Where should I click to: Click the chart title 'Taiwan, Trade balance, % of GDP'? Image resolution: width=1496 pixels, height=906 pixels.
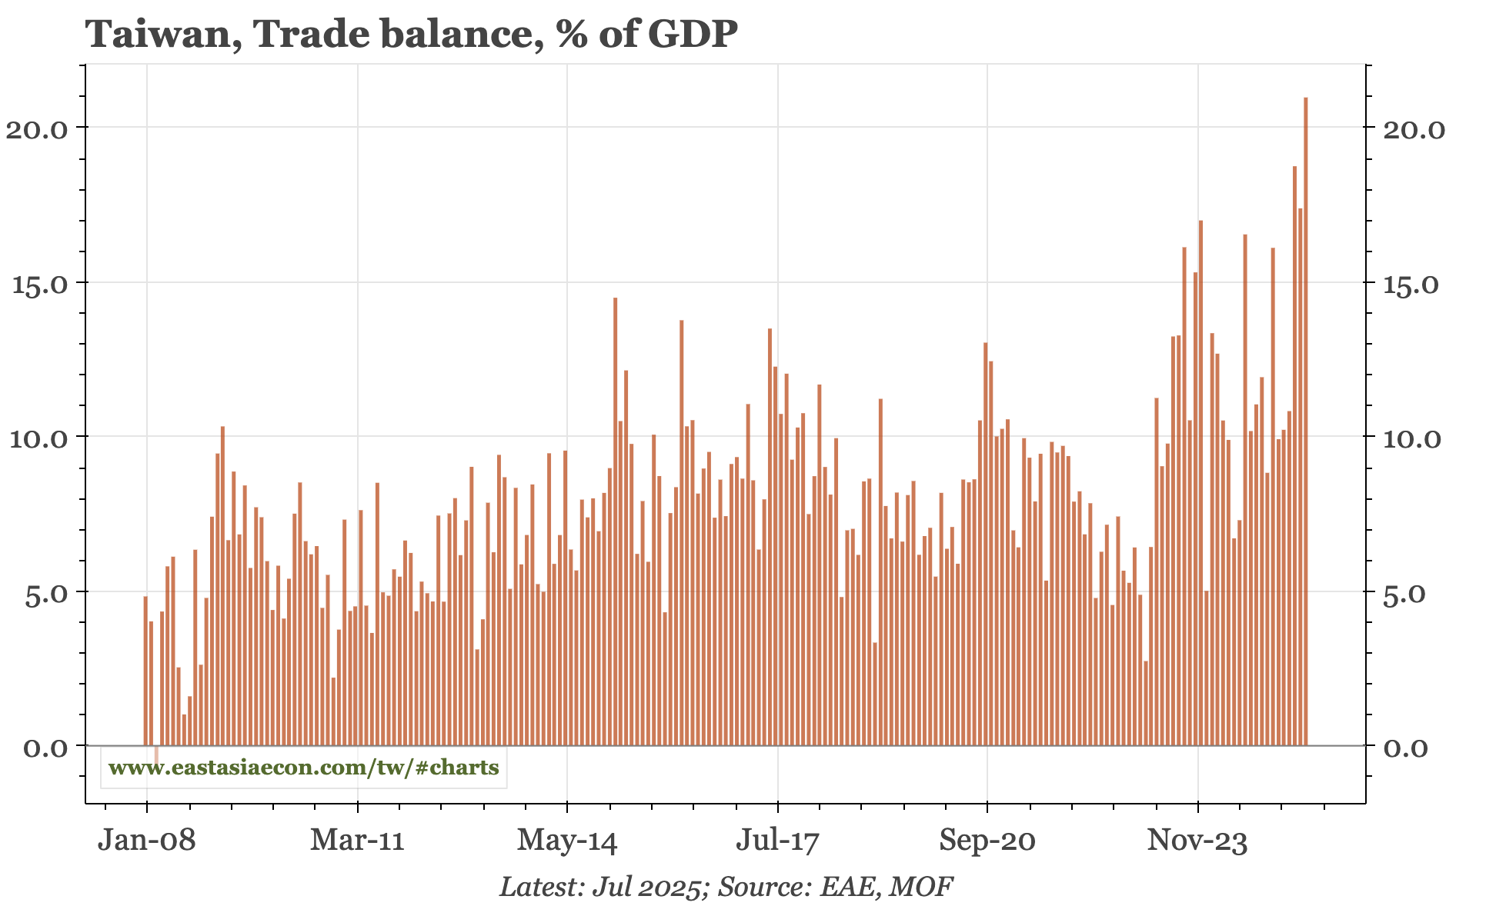point(411,34)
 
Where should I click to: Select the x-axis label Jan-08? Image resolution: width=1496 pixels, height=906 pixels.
point(146,841)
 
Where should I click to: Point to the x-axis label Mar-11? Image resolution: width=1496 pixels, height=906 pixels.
point(357,841)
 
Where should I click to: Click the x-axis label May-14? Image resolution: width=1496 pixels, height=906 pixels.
point(567,841)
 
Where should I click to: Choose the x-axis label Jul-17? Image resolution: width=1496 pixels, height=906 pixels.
point(777,841)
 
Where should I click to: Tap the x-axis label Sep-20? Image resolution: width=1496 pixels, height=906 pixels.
point(987,841)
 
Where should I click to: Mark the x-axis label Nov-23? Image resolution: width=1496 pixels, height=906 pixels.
point(1197,841)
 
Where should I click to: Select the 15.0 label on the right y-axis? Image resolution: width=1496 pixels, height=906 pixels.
point(1414,284)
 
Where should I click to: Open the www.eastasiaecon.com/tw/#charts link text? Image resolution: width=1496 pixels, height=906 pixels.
point(304,768)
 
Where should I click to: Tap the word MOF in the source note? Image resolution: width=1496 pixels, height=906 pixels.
point(921,887)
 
